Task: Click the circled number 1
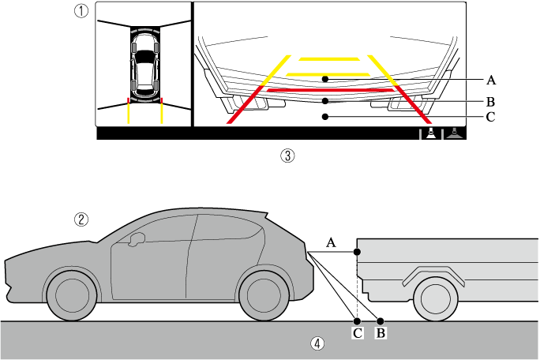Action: [81, 11]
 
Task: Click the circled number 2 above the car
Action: [81, 220]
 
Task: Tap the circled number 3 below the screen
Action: [287, 156]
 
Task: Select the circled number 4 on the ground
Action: [317, 343]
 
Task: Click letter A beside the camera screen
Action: [491, 80]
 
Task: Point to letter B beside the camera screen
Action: [491, 101]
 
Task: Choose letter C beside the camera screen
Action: [491, 118]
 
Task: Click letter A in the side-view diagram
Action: [332, 244]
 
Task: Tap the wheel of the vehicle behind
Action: [435, 301]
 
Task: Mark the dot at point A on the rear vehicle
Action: [358, 251]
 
